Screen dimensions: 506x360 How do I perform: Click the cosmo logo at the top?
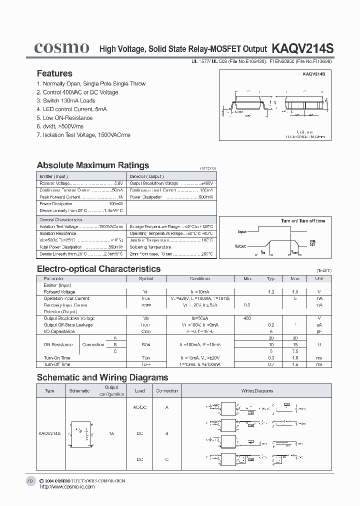(x=61, y=48)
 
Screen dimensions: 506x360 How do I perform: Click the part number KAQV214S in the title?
(x=302, y=48)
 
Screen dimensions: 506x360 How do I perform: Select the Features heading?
(x=54, y=73)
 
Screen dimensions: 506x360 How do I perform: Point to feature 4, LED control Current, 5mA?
(x=71, y=109)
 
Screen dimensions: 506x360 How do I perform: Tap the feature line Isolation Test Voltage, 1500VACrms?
(x=83, y=135)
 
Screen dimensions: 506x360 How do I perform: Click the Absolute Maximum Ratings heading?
(x=93, y=165)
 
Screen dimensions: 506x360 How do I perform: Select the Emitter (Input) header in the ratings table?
(x=53, y=176)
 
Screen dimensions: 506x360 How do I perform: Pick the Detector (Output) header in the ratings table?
(x=147, y=176)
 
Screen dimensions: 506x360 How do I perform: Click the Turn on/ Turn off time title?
(x=302, y=220)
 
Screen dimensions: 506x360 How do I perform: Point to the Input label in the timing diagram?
(x=242, y=232)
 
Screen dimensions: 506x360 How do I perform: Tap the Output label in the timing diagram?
(x=240, y=246)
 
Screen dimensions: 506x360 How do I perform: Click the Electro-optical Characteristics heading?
(x=98, y=269)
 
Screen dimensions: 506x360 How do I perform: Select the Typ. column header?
(x=271, y=279)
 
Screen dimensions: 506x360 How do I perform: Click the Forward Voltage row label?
(x=59, y=292)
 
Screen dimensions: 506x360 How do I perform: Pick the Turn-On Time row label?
(x=57, y=358)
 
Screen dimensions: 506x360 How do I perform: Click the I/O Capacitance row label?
(x=59, y=331)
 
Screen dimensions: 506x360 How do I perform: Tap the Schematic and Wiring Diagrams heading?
(x=102, y=377)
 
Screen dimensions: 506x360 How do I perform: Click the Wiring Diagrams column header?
(x=257, y=391)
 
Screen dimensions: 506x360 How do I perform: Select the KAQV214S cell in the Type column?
(x=49, y=433)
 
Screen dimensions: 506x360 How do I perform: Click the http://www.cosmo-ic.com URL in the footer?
(x=66, y=486)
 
